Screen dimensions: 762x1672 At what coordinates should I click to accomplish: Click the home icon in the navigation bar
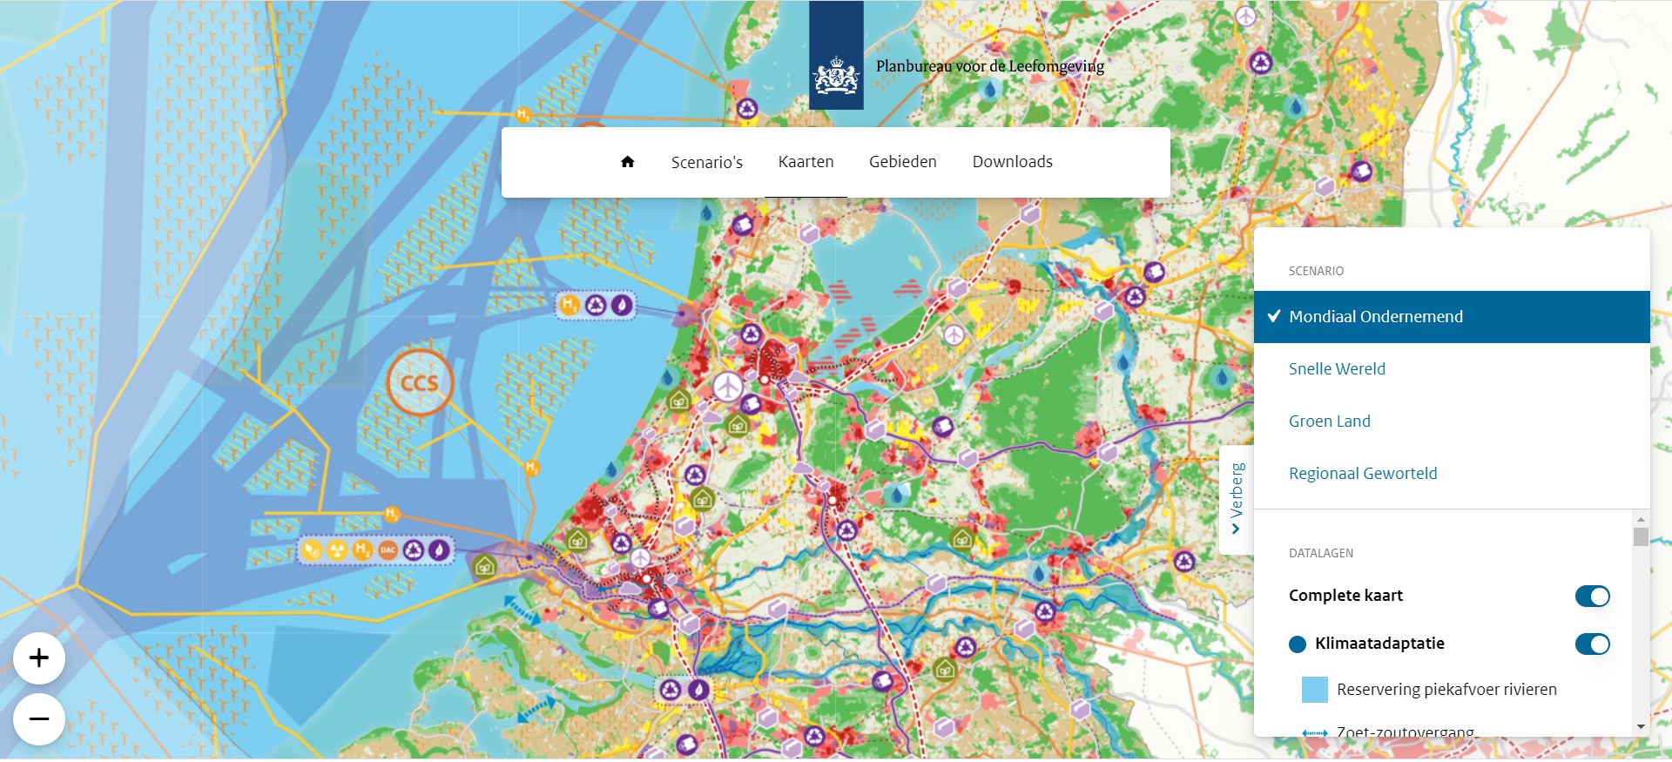point(627,162)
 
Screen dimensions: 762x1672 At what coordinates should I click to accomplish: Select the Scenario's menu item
point(706,162)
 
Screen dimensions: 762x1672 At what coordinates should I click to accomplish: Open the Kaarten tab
point(806,162)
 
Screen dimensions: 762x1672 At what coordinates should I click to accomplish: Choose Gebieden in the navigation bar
point(902,162)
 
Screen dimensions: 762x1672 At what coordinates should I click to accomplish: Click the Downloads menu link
point(1012,162)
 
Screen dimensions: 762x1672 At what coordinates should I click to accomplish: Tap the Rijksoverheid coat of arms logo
point(835,74)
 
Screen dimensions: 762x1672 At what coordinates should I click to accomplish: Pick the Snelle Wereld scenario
point(1337,369)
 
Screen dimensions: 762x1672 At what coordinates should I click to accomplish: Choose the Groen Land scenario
point(1329,421)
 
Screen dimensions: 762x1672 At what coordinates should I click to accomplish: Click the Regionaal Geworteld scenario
point(1363,474)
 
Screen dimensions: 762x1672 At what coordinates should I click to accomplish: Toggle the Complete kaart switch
point(1592,597)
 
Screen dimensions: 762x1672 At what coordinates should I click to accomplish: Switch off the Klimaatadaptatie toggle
point(1592,644)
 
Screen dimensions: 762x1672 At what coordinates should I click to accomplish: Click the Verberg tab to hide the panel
point(1237,500)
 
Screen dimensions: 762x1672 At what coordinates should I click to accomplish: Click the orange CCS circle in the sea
point(420,383)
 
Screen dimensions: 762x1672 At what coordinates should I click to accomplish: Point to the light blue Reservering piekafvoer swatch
point(1314,690)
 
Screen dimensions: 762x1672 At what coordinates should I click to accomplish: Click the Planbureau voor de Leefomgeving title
point(989,66)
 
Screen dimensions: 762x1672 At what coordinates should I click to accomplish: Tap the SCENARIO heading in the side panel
point(1316,272)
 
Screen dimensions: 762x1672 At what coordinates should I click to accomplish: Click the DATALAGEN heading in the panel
point(1320,553)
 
